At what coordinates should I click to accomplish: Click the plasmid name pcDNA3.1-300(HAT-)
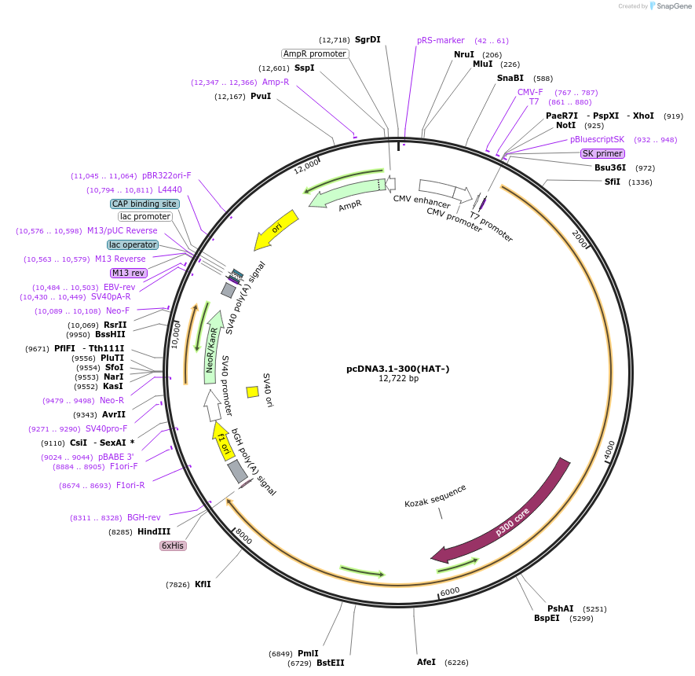coord(398,368)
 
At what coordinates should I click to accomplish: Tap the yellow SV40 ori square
coord(252,391)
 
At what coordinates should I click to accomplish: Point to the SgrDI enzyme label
coord(368,39)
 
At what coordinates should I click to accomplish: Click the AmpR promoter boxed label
coord(315,53)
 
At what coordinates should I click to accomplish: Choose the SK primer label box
coord(602,153)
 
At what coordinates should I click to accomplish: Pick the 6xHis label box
coord(173,546)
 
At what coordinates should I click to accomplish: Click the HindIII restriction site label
coord(154,532)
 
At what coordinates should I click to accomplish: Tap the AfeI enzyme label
coord(426,662)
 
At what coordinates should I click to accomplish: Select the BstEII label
coord(331,663)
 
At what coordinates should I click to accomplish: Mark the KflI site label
coord(203,584)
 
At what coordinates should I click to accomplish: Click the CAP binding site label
coord(145,204)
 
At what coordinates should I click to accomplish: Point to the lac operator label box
coord(133,244)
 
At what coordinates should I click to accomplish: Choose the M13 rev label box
coord(129,273)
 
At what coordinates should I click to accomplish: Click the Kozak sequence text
coord(435,495)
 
